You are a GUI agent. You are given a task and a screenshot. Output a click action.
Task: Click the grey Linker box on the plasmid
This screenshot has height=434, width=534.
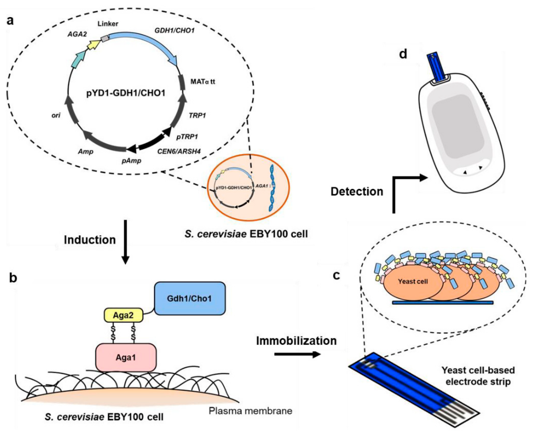pos(105,38)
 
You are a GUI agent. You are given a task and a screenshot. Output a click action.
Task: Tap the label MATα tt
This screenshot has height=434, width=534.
pos(203,82)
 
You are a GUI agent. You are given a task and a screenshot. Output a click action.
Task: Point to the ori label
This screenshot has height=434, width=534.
pos(56,115)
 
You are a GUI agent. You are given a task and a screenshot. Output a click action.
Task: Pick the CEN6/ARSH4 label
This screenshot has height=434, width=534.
pos(179,151)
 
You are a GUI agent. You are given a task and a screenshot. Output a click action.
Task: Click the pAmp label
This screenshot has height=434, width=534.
pos(131,161)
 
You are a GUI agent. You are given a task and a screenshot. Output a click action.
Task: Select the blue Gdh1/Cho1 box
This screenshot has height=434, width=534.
pos(190,298)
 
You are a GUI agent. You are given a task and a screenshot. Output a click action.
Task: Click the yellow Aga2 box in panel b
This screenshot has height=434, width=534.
pos(123,315)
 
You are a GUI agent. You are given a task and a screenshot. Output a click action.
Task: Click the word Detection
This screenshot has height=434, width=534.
pos(357,192)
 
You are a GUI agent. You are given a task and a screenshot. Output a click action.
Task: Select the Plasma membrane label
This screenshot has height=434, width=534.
pos(250,411)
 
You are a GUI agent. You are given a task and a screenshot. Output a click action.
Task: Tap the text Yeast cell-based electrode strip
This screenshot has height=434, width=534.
pos(478,376)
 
